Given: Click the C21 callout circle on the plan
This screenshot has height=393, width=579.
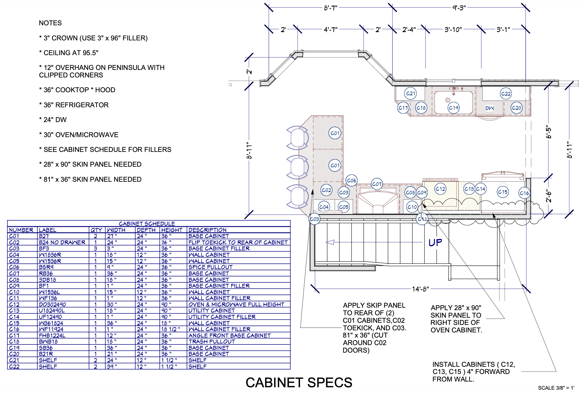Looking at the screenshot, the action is click(x=410, y=93).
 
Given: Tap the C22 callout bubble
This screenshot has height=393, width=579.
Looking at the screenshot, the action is click(x=506, y=94).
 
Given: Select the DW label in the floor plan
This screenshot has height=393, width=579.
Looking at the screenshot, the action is click(x=490, y=108).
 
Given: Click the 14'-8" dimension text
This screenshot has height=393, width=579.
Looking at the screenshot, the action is click(x=421, y=289).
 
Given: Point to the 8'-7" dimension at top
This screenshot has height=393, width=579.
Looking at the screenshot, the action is click(x=330, y=8).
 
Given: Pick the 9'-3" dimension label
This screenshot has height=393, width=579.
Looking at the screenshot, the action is click(x=459, y=8).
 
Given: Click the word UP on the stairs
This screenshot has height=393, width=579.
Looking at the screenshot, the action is click(x=435, y=243).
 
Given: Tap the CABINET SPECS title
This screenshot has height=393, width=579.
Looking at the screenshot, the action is click(x=299, y=382).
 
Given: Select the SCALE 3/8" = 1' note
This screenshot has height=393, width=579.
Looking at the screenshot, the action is click(x=556, y=388).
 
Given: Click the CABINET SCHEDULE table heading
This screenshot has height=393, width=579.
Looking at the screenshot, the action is click(x=147, y=224).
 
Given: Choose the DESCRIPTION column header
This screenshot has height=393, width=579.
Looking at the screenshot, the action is click(x=207, y=230).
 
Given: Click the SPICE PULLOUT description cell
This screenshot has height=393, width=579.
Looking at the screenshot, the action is click(x=210, y=267).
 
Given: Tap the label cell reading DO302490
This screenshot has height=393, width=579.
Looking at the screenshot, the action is click(x=52, y=304).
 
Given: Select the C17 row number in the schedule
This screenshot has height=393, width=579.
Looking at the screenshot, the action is click(x=14, y=335).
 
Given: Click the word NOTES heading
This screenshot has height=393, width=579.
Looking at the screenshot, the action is click(x=50, y=23).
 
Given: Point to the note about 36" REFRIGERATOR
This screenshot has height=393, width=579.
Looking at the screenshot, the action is click(x=74, y=105).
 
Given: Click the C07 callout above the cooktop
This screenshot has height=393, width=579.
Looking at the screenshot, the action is click(x=377, y=184).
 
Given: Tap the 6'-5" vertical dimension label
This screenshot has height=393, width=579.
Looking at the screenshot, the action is click(x=549, y=132).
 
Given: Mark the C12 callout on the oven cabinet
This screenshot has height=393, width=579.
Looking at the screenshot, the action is click(x=440, y=189).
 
